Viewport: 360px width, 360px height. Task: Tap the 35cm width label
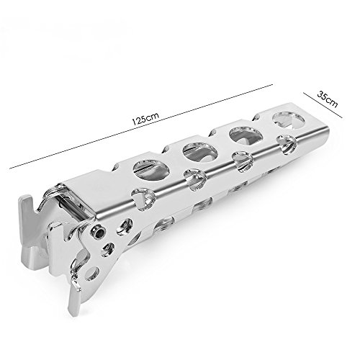click(328, 99)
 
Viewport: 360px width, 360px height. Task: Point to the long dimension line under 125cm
click(141, 127)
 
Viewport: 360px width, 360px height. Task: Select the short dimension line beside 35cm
click(323, 105)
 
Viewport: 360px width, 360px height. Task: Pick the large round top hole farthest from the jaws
click(289, 120)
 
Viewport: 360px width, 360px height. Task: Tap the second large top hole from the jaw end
click(200, 152)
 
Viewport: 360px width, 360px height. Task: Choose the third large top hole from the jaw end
click(246, 135)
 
